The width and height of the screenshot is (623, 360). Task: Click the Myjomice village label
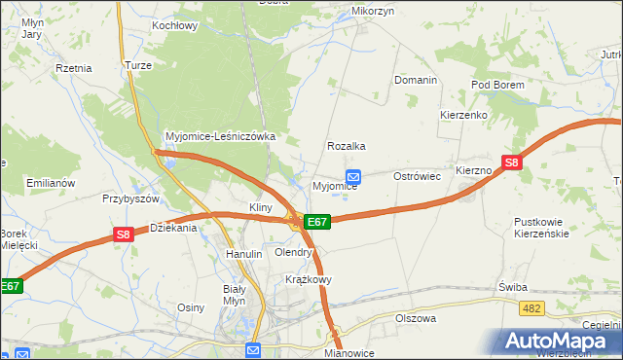click(x=334, y=186)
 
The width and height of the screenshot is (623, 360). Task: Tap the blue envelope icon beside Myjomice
click(x=354, y=177)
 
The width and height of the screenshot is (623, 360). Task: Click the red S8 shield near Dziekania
click(x=123, y=234)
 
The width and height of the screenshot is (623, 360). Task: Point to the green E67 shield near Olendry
click(x=317, y=222)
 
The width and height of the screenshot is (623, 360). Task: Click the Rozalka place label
click(x=347, y=146)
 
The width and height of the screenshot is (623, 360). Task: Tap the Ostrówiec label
click(x=418, y=177)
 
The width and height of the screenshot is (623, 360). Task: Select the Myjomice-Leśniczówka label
click(x=221, y=137)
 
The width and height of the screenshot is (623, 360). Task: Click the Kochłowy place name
click(x=175, y=25)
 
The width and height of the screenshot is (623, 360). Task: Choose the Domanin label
click(x=415, y=80)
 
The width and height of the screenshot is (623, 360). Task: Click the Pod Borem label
click(x=497, y=86)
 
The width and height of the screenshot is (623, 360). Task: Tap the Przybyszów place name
click(x=130, y=198)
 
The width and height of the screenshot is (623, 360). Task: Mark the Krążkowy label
click(x=309, y=278)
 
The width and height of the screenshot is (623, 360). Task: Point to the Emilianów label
click(x=51, y=183)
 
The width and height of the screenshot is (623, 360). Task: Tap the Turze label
click(x=135, y=65)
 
